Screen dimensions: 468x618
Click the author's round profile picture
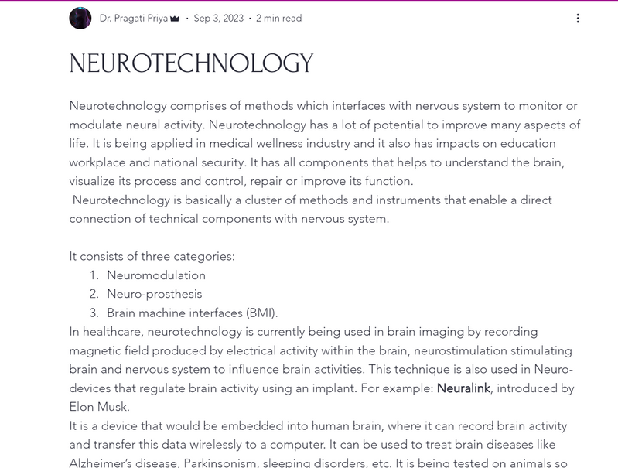click(80, 18)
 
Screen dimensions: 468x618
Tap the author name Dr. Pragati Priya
click(134, 18)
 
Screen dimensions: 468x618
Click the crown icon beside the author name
click(175, 19)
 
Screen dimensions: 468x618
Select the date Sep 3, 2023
click(218, 18)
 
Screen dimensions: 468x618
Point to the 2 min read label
click(278, 18)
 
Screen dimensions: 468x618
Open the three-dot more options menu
click(578, 18)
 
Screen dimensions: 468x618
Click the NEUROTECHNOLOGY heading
click(191, 63)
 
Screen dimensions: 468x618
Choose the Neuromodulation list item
click(156, 275)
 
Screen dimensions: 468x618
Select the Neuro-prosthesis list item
click(155, 294)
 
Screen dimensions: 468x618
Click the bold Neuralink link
click(463, 388)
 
